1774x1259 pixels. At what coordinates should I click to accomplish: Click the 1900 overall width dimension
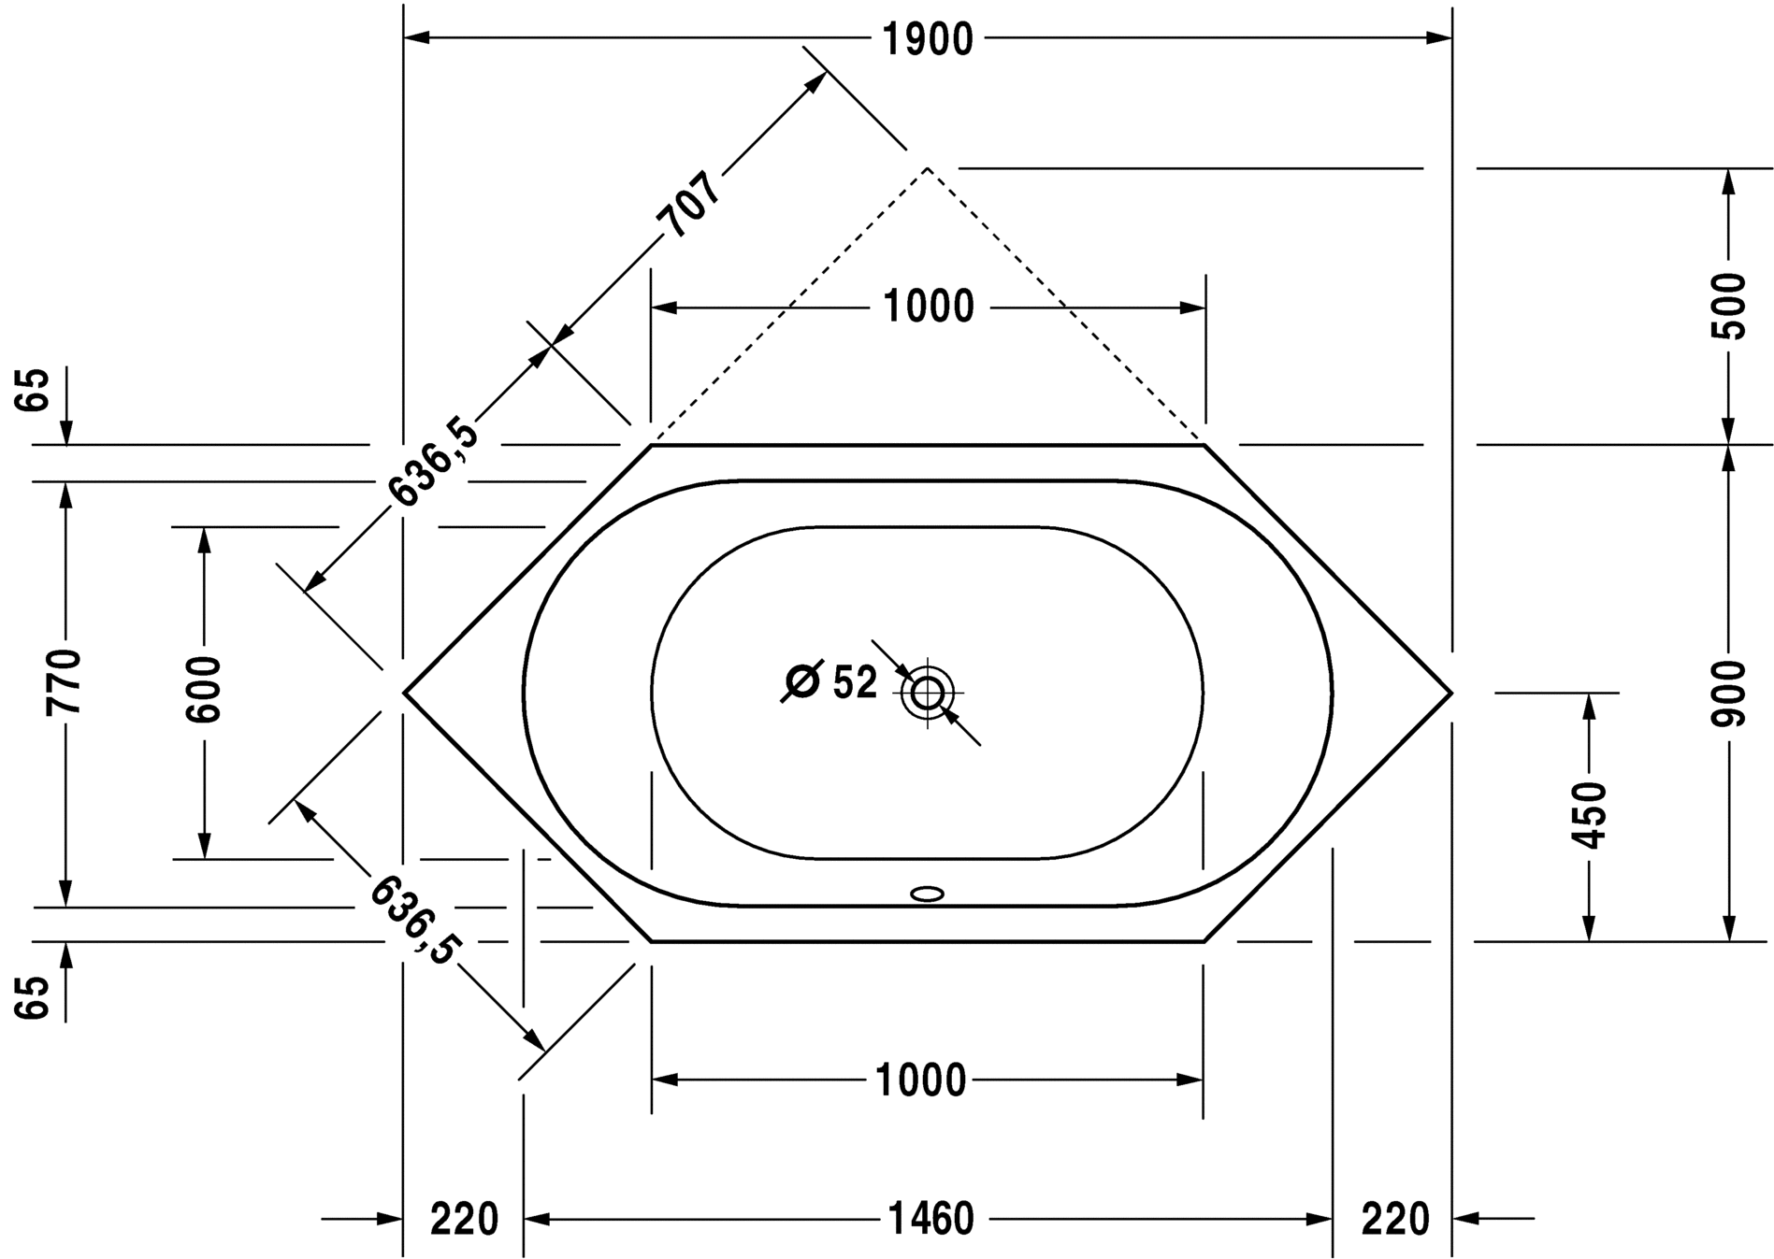pos(928,39)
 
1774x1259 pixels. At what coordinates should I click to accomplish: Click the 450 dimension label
pos(1588,815)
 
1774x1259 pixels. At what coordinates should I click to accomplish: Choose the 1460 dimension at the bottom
pos(929,1219)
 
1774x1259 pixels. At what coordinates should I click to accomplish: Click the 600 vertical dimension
pos(203,690)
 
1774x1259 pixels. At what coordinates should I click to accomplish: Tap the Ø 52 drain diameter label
pos(829,682)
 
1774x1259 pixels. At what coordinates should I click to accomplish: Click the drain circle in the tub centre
pos(928,694)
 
